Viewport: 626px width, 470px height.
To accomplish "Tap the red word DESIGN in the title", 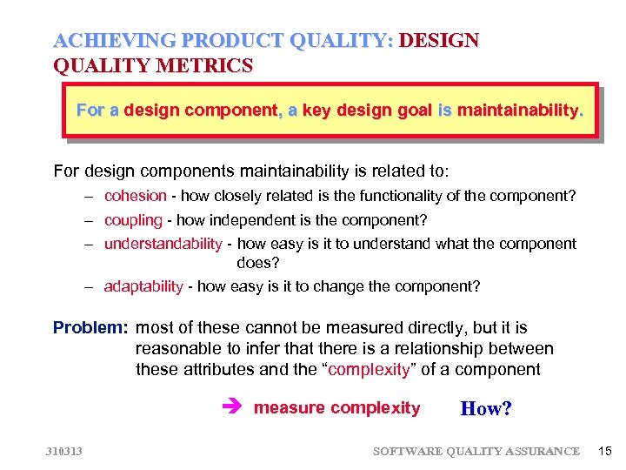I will click(440, 41).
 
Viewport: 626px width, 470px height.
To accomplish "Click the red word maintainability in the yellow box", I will click(518, 111).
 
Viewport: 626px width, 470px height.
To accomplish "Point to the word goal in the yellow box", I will click(412, 111).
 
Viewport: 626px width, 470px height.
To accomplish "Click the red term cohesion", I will click(135, 196).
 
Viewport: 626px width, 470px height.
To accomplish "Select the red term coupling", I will click(133, 220).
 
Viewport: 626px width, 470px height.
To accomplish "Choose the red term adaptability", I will click(143, 286).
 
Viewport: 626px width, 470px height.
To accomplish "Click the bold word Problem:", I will click(90, 328).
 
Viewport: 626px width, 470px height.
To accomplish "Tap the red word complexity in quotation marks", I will click(369, 370).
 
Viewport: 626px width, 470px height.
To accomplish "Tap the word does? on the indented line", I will click(255, 262).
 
